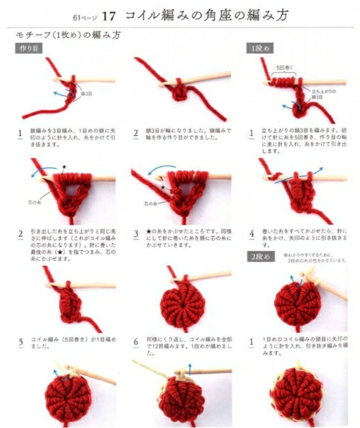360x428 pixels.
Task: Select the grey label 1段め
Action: tap(259, 48)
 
